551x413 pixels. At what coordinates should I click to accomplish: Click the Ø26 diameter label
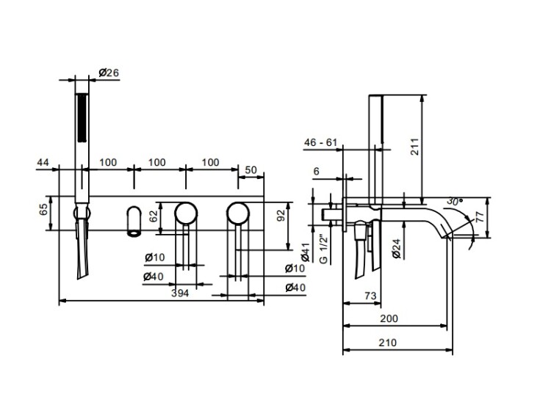(x=109, y=73)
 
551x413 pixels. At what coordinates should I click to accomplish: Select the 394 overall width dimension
(x=180, y=293)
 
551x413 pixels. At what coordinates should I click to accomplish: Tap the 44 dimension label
(x=43, y=162)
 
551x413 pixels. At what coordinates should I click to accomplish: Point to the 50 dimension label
(x=251, y=170)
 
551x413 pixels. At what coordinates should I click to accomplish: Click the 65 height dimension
(x=43, y=211)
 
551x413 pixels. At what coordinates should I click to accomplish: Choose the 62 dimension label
(x=154, y=216)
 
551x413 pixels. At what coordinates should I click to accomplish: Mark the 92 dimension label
(x=281, y=216)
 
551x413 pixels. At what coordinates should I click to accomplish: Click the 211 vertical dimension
(x=414, y=147)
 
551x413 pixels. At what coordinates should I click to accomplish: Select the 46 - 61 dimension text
(x=320, y=142)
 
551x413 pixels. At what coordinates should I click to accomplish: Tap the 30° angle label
(x=455, y=202)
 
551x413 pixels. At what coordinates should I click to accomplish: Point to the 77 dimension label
(x=480, y=216)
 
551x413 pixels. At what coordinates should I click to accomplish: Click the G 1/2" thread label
(x=323, y=249)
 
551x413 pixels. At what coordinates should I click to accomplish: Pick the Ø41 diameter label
(x=305, y=252)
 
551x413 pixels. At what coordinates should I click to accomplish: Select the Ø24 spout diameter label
(x=396, y=249)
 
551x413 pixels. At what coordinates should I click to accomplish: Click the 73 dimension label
(x=370, y=296)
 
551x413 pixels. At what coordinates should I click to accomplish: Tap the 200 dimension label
(x=389, y=318)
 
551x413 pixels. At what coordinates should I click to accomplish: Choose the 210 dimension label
(x=388, y=343)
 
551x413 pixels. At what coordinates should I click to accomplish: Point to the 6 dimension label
(x=317, y=171)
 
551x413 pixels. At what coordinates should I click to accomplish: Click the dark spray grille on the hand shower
(x=82, y=117)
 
